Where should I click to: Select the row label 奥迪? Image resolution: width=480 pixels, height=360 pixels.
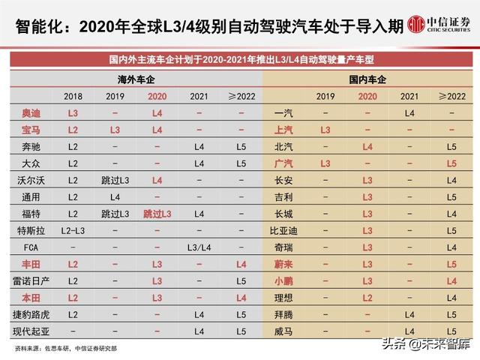point(31,112)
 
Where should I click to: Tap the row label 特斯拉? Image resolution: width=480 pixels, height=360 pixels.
point(31,230)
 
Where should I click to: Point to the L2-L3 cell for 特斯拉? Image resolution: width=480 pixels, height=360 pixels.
point(73,230)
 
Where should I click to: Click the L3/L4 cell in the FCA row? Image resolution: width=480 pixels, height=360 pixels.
point(199,247)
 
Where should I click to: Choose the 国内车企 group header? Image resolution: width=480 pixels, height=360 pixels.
point(367,79)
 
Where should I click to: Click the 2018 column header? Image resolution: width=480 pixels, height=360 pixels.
point(73,96)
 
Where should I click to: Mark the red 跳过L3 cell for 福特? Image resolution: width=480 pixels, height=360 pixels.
point(157,214)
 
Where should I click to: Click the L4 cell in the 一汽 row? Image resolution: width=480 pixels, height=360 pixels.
point(409,112)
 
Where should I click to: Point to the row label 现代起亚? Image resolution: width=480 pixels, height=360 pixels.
point(31,331)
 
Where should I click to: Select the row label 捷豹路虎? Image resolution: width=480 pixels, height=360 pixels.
point(31,314)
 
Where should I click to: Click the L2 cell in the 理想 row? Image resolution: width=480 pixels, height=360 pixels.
point(367,298)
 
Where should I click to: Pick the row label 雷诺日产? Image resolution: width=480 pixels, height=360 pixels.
point(31,280)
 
